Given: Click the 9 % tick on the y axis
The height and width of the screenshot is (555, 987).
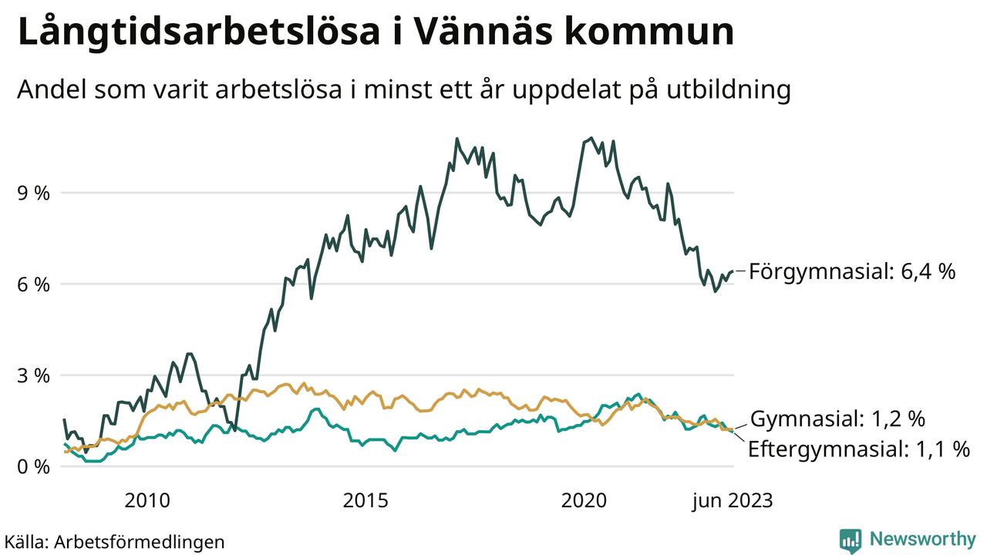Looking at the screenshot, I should click(x=33, y=193).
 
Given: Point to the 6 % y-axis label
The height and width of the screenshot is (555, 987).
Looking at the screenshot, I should click(x=33, y=284).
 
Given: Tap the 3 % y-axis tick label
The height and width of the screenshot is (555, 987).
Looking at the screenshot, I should click(x=33, y=376).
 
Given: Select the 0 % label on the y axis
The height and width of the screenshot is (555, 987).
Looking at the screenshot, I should click(x=33, y=467).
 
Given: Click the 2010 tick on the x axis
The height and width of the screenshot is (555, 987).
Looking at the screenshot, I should click(x=147, y=500).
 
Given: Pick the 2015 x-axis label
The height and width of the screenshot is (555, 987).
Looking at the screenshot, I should click(x=365, y=500).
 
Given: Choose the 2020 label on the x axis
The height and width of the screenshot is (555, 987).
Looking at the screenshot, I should click(x=584, y=500).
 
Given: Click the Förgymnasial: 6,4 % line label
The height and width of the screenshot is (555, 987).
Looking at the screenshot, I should click(x=852, y=271).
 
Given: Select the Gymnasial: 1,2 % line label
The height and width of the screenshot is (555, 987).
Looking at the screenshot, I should click(x=837, y=419).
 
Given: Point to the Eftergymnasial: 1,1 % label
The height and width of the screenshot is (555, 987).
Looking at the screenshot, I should click(x=859, y=449).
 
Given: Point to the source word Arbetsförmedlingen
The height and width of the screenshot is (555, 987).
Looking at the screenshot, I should click(x=140, y=541).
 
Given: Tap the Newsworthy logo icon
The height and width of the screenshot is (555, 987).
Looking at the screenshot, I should click(x=851, y=540).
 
